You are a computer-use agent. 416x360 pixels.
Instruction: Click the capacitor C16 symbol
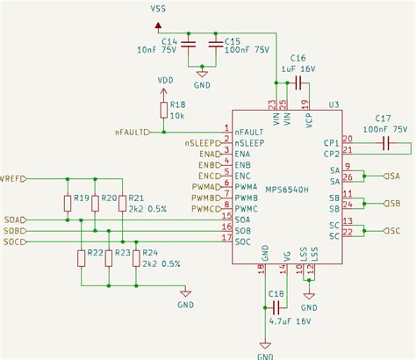(x=299, y=83)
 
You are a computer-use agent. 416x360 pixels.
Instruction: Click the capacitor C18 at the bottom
(x=275, y=306)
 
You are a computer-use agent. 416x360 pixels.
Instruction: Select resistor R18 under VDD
(x=162, y=109)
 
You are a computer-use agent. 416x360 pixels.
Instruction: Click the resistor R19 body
(x=68, y=204)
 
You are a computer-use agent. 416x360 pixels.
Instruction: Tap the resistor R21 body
(x=122, y=204)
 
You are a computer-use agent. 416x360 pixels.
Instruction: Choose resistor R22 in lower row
(x=81, y=256)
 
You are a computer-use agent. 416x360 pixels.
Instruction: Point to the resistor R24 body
(x=136, y=256)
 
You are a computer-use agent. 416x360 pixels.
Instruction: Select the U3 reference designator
(x=334, y=104)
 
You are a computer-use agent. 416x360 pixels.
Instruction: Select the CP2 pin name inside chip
(x=331, y=153)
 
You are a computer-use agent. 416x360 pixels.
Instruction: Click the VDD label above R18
(x=165, y=80)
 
